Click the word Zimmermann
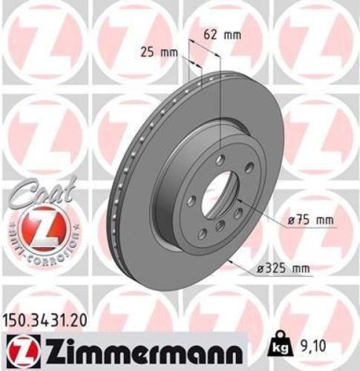tap(141, 348)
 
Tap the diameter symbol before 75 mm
tap(285, 220)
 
